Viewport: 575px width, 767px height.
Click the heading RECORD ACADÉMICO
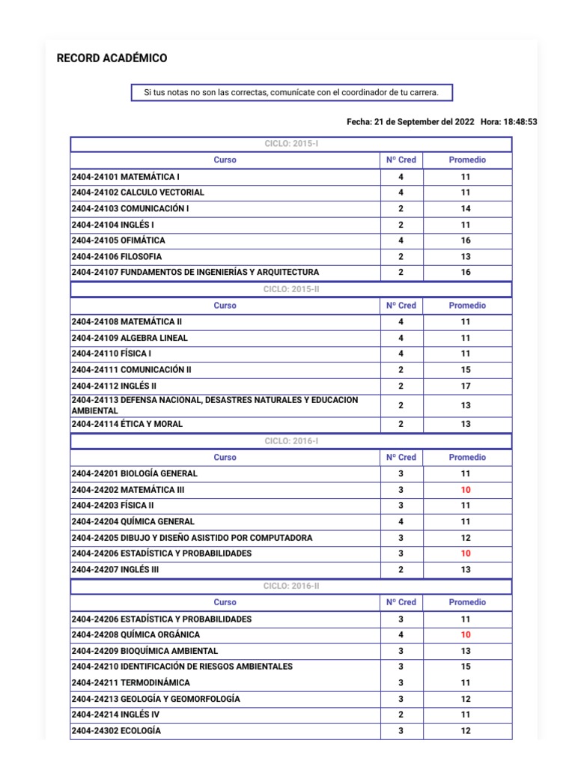[x=112, y=58]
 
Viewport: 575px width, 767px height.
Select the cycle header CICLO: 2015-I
[x=291, y=144]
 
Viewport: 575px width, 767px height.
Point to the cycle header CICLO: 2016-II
[x=291, y=586]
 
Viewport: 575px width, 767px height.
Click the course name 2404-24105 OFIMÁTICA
[x=118, y=240]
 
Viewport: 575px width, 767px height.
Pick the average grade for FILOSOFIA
[x=466, y=256]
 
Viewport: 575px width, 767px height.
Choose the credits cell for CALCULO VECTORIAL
[x=401, y=192]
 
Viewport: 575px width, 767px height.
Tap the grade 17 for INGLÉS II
[x=466, y=386]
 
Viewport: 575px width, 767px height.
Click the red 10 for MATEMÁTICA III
[x=466, y=489]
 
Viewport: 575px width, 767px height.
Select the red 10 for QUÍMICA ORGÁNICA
[x=466, y=634]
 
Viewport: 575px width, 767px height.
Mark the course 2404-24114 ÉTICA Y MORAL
[x=127, y=424]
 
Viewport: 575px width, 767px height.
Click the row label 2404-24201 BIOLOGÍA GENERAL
[x=134, y=473]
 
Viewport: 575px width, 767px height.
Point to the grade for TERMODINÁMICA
[x=466, y=682]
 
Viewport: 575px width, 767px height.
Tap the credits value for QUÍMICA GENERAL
[x=401, y=521]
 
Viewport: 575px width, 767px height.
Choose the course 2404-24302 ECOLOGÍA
[x=116, y=730]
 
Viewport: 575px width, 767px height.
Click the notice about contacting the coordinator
[x=291, y=93]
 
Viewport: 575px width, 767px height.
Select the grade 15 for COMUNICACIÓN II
[x=466, y=369]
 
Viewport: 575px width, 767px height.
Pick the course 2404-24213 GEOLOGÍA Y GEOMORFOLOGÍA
[x=156, y=699]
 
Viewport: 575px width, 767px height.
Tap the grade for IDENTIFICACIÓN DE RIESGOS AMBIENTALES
[x=466, y=666]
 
